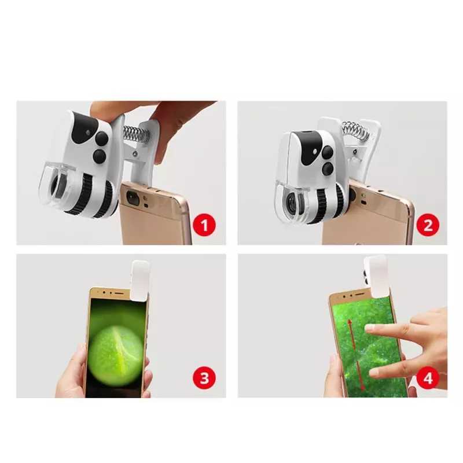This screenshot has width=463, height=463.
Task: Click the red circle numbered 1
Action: pyautogui.click(x=204, y=225)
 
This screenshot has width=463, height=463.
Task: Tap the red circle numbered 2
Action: pyautogui.click(x=428, y=225)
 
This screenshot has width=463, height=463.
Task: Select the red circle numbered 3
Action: pyautogui.click(x=204, y=378)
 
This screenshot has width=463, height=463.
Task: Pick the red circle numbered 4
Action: pyautogui.click(x=428, y=378)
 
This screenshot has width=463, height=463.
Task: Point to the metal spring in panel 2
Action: pyautogui.click(x=355, y=128)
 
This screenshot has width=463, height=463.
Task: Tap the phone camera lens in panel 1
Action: pyautogui.click(x=133, y=197)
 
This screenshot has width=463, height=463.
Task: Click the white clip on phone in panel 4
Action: pyautogui.click(x=375, y=277)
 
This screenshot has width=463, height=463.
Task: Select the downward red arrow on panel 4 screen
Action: pyautogui.click(x=361, y=375)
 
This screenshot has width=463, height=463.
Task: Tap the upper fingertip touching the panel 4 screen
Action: pyautogui.click(x=370, y=328)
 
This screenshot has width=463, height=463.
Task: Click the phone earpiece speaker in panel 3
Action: pyautogui.click(x=119, y=293)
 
